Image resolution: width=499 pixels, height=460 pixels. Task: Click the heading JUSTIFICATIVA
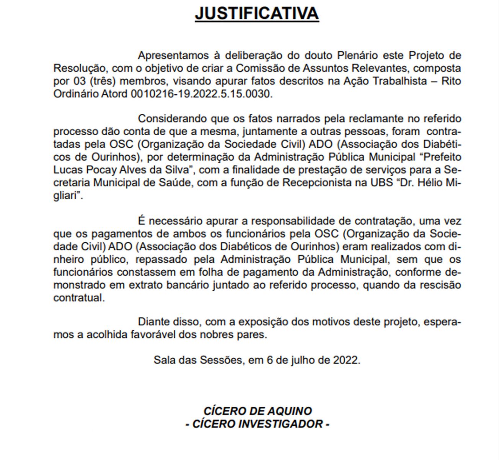click(x=257, y=13)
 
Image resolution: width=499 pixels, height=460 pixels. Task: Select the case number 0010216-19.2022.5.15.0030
click(x=201, y=94)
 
